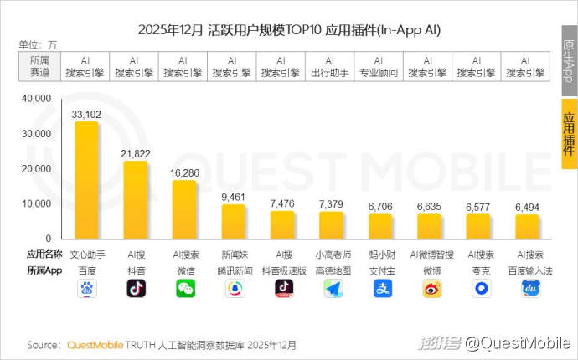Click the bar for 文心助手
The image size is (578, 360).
point(86,180)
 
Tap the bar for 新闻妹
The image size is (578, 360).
point(234,221)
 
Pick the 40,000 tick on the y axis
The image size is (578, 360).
point(38,99)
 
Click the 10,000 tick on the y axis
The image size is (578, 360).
point(38,203)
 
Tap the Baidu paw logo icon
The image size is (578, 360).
point(86,289)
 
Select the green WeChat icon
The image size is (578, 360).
point(185,289)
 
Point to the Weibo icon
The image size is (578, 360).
point(431,289)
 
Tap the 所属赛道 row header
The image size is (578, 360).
point(39,66)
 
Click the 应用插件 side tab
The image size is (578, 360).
point(568,133)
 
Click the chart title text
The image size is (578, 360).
point(289,30)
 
